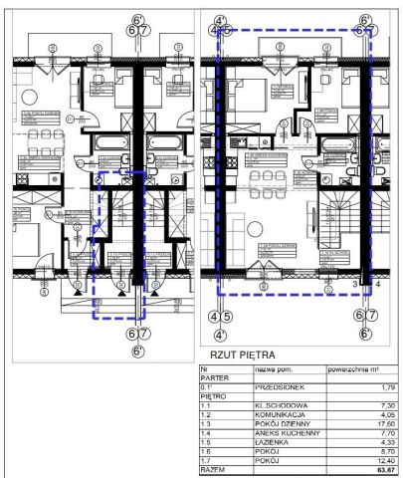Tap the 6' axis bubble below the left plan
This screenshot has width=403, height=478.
(x=138, y=350)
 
